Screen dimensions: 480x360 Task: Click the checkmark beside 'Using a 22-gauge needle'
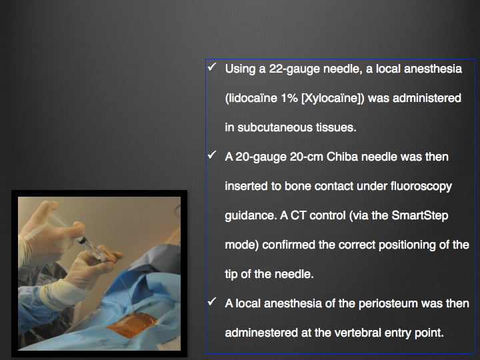click(x=212, y=67)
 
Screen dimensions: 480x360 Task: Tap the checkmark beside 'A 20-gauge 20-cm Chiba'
click(x=212, y=155)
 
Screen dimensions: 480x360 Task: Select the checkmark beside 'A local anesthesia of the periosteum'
click(x=212, y=301)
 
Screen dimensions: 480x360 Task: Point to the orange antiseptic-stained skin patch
click(x=132, y=325)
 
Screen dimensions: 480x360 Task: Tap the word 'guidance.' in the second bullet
click(x=251, y=216)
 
